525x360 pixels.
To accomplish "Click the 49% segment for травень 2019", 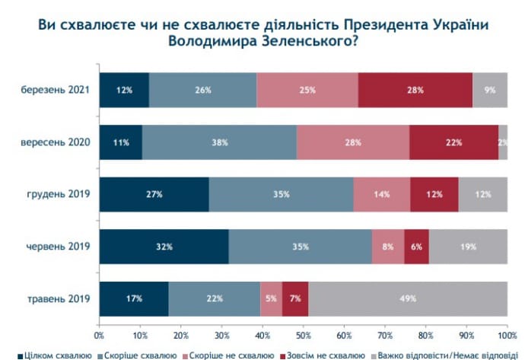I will tap(408, 298).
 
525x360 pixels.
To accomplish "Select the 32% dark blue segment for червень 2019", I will tap(164, 246).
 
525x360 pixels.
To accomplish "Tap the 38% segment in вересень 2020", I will tap(219, 142).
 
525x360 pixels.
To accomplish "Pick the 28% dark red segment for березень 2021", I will tap(415, 90).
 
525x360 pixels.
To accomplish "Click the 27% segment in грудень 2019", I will tap(154, 194).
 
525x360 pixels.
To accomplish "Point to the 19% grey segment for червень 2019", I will tap(468, 246).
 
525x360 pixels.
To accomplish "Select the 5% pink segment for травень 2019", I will tap(271, 298).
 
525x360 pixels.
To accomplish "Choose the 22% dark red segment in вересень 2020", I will tap(453, 142).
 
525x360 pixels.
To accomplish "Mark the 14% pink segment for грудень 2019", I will tap(381, 194).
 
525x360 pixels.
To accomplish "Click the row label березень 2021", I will tap(56, 90).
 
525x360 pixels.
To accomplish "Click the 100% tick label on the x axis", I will tap(506, 334).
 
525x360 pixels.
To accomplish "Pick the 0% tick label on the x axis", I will tap(100, 334).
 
